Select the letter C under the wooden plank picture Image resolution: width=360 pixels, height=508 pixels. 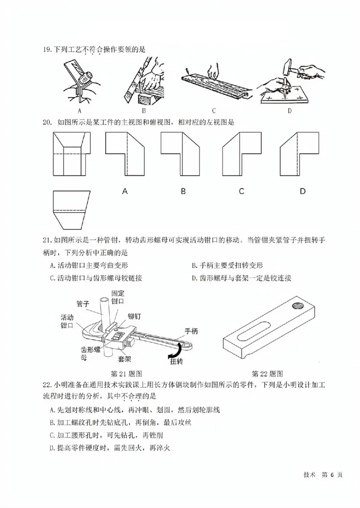point(214,111)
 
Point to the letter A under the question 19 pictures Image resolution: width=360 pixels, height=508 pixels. point(79,111)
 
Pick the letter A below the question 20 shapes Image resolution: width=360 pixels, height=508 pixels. point(125,191)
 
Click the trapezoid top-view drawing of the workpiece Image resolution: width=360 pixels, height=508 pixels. point(72,209)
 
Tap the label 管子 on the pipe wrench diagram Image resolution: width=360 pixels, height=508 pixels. point(83,304)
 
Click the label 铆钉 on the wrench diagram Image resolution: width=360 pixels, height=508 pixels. point(134,316)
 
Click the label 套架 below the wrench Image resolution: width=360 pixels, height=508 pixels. point(125,360)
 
